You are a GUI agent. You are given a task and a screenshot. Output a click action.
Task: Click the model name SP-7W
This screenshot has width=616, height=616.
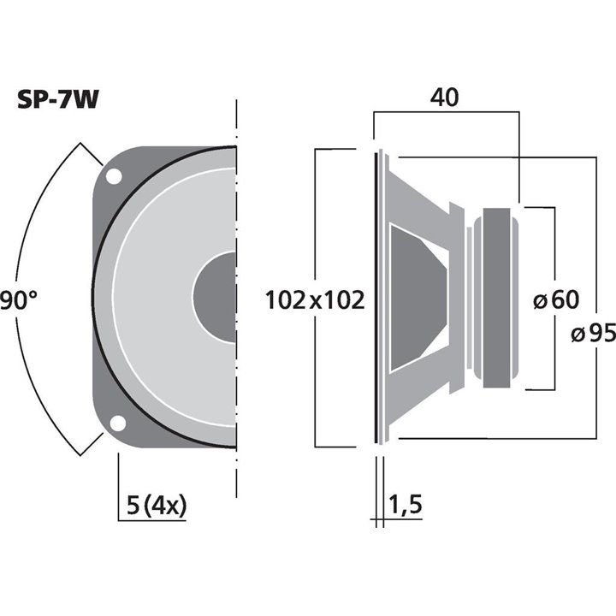click(x=58, y=100)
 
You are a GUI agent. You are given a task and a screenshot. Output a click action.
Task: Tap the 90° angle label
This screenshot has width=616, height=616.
click(x=17, y=299)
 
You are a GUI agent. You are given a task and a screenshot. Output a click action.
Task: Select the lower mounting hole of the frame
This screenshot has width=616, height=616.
click(x=113, y=423)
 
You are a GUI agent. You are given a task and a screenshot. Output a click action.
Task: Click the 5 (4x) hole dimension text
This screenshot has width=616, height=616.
click(x=151, y=505)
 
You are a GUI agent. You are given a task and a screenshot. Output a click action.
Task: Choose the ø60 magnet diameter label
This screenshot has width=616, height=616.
click(x=555, y=299)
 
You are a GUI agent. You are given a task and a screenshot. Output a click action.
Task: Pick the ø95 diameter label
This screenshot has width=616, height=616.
click(x=592, y=334)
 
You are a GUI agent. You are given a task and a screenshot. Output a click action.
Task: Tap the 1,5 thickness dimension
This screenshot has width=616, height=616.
click(x=407, y=505)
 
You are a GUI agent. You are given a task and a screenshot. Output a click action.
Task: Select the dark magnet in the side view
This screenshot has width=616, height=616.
click(x=500, y=299)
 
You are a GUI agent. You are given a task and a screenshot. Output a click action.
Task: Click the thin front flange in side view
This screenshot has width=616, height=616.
click(x=376, y=298)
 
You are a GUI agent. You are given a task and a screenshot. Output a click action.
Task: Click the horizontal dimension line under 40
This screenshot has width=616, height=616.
click(x=446, y=112)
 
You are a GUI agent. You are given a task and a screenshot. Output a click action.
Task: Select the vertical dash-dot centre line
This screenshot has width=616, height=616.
click(x=235, y=479)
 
